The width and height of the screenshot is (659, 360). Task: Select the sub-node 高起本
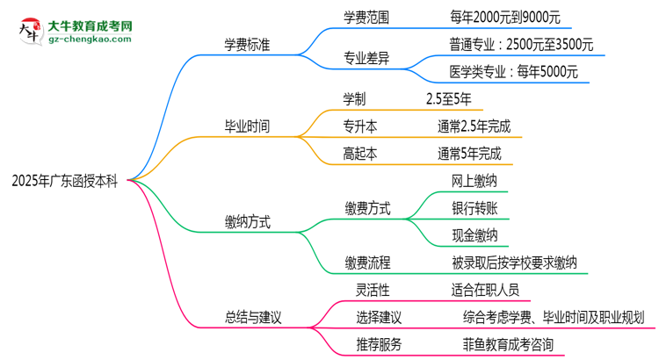[360, 153]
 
